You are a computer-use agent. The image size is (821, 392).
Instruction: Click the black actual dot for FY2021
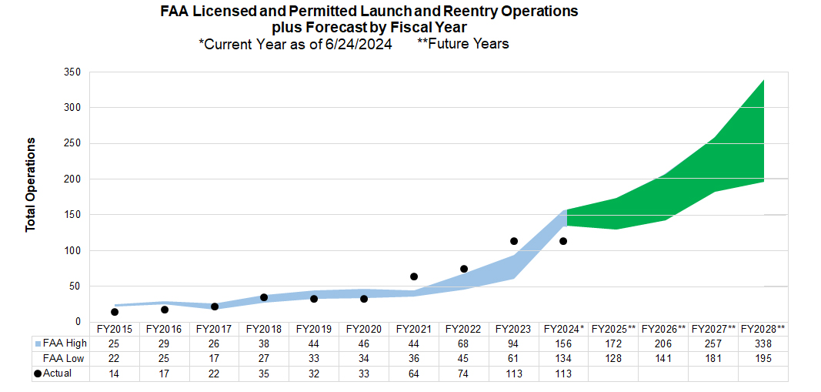pyautogui.click(x=414, y=276)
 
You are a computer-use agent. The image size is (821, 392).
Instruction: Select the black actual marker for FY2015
pyautogui.click(x=115, y=312)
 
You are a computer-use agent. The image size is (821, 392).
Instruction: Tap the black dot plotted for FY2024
pyautogui.click(x=563, y=241)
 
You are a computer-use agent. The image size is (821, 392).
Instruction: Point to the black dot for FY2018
pyautogui.click(x=264, y=297)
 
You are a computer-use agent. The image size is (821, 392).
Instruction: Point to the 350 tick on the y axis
pyautogui.click(x=73, y=72)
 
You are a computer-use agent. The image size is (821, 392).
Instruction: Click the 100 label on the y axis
pyautogui.click(x=73, y=251)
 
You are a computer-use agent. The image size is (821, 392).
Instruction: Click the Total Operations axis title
pyautogui.click(x=31, y=185)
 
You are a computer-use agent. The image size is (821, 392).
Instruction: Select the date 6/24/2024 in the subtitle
pyautogui.click(x=361, y=44)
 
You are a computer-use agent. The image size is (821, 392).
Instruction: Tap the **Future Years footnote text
pyautogui.click(x=462, y=44)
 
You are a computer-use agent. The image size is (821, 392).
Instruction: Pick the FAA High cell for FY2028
pyautogui.click(x=763, y=344)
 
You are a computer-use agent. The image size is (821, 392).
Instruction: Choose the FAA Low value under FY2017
pyautogui.click(x=215, y=359)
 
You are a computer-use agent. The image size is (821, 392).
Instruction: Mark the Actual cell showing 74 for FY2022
pyautogui.click(x=464, y=374)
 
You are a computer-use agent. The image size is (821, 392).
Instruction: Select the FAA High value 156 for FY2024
pyautogui.click(x=564, y=344)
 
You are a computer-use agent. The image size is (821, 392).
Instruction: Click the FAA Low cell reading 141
pyautogui.click(x=663, y=359)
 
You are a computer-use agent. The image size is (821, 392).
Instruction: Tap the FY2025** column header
pyautogui.click(x=614, y=329)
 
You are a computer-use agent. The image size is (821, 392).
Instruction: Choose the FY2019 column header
pyautogui.click(x=314, y=329)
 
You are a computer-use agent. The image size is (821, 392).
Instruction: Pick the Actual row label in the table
pyautogui.click(x=56, y=374)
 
